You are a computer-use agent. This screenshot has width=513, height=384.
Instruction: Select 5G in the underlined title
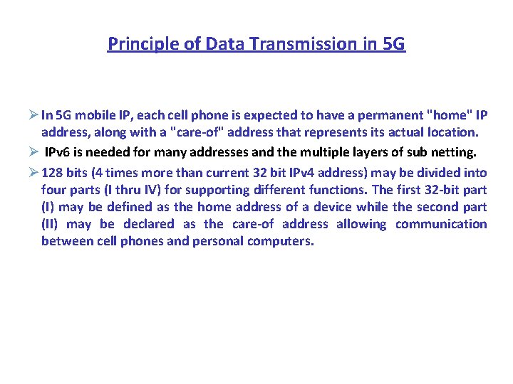pos(393,44)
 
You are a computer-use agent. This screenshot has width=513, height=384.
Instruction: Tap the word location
pos(452,132)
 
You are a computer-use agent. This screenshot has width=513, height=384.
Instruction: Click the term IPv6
pos(60,151)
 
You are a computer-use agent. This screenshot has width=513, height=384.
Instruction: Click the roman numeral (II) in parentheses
pos(52,224)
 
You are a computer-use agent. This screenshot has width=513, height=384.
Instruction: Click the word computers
pos(280,241)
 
